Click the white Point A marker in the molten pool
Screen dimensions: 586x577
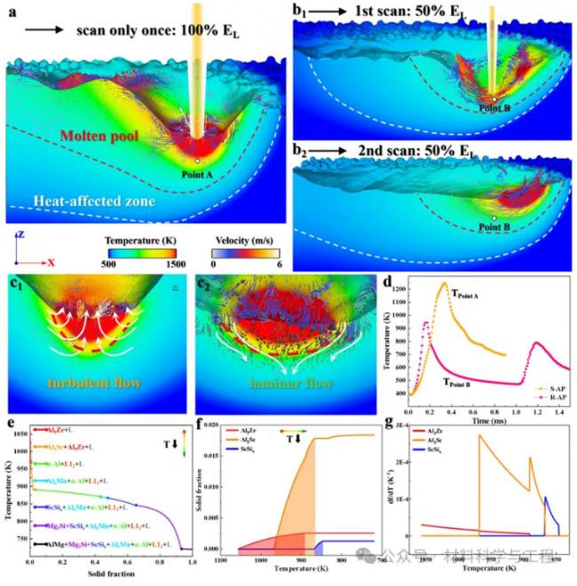tap(197, 161)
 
